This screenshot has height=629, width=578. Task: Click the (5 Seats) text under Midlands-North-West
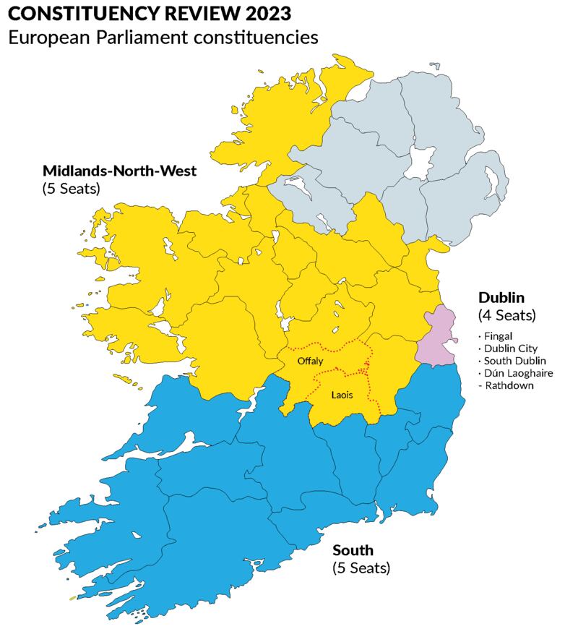[71, 189]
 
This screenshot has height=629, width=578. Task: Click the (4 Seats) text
[506, 315]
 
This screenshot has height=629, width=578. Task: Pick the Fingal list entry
[495, 336]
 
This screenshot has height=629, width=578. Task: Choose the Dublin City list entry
[507, 348]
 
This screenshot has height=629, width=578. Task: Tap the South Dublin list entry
[512, 361]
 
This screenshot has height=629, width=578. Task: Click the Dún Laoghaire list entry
[514, 373]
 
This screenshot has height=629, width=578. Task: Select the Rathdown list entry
[503, 385]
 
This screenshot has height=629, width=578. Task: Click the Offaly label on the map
[309, 360]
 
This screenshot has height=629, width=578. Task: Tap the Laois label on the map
[342, 395]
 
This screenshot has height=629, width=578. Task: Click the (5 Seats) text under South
[361, 568]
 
